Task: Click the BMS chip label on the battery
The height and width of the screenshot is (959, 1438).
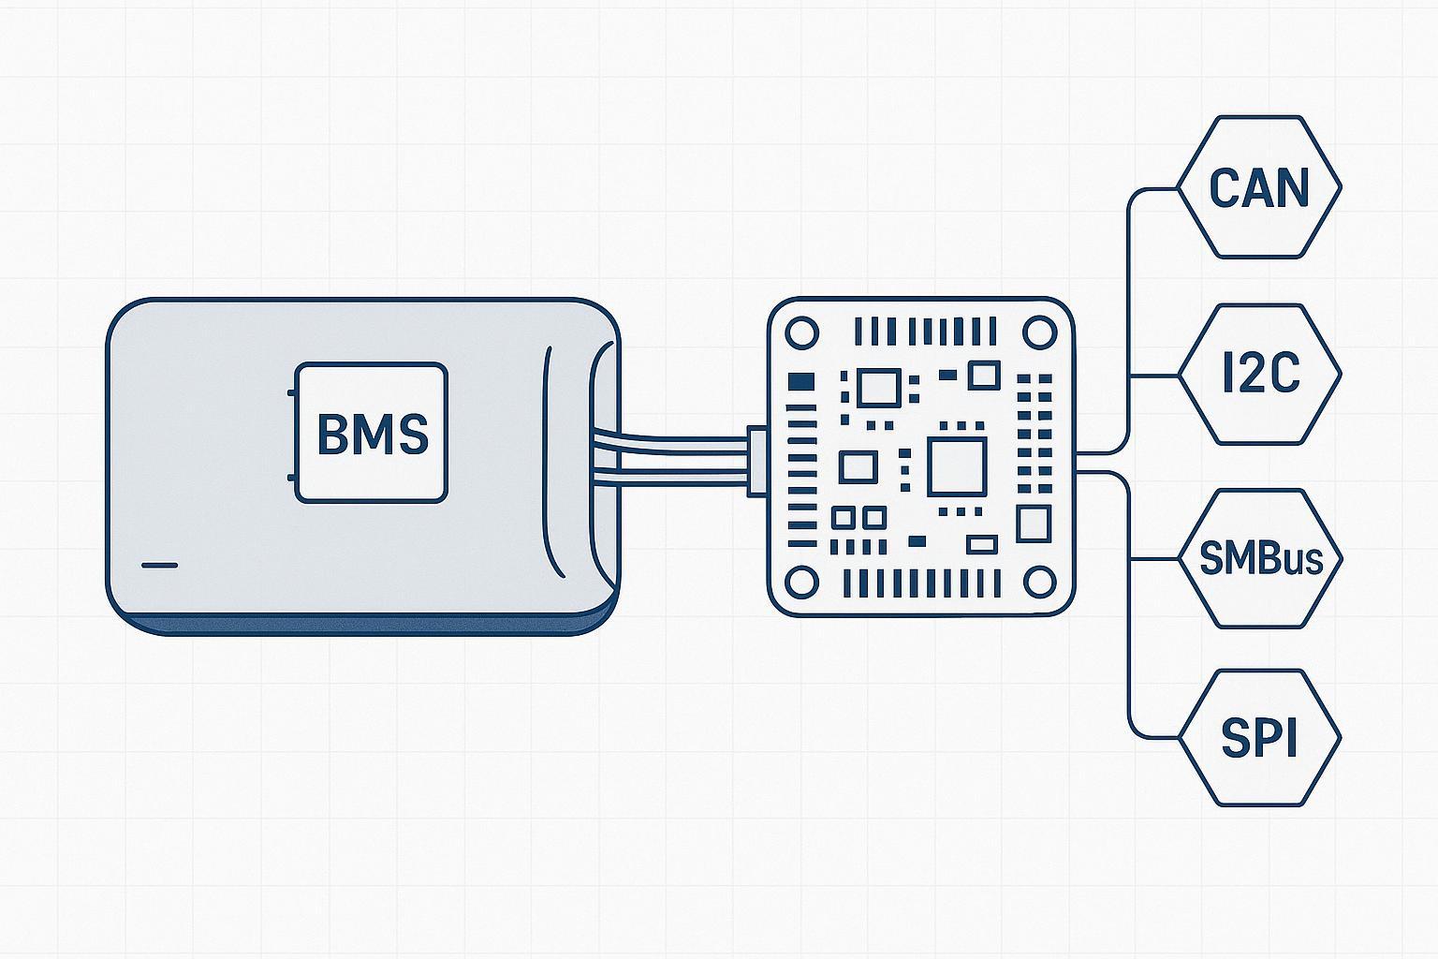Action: tap(372, 433)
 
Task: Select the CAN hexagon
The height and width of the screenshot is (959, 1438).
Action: tap(1259, 187)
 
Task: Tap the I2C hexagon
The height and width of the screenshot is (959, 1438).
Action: tap(1259, 375)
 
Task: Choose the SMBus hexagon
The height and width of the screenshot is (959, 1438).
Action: tap(1259, 559)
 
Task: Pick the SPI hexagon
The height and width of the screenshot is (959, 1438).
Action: tap(1259, 738)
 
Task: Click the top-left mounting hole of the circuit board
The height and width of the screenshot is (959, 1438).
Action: tap(801, 333)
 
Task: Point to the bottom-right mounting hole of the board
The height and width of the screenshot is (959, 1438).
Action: tap(1039, 583)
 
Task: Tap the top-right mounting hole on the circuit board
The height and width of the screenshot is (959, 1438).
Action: tap(1039, 333)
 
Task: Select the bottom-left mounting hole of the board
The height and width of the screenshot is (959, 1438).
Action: tap(801, 583)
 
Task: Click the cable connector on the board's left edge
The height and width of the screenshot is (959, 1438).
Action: tap(756, 461)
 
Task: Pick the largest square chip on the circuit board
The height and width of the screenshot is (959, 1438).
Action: tap(957, 467)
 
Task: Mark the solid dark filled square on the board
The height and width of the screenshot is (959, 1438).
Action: tap(801, 381)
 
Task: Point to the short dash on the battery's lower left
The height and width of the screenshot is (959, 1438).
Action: tap(159, 566)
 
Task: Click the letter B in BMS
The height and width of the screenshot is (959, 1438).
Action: tap(332, 435)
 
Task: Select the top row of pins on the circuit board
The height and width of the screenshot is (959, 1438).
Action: tap(926, 332)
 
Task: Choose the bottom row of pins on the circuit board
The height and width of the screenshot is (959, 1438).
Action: tap(921, 583)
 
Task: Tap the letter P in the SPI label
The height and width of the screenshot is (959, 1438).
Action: tap(1259, 738)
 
